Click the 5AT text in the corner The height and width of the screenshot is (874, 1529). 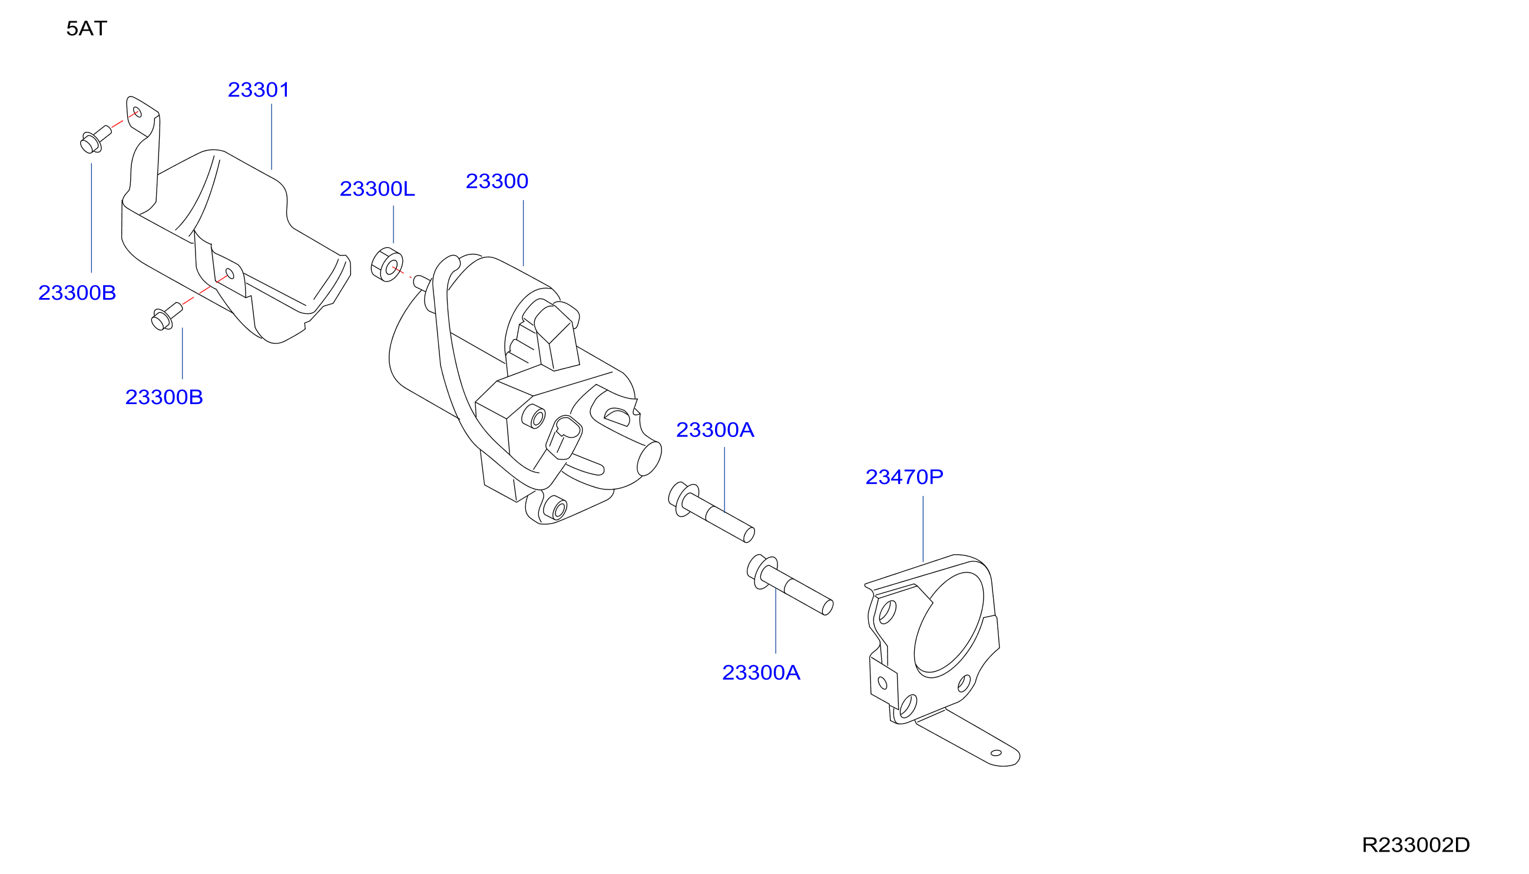point(87,28)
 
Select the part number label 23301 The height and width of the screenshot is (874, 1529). point(259,90)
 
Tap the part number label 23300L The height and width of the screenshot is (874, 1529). point(377,188)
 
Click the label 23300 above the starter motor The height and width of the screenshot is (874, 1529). point(497,181)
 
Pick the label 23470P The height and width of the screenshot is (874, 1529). point(904,476)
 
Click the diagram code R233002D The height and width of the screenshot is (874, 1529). point(1415,845)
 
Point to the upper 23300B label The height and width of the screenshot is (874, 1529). point(77,292)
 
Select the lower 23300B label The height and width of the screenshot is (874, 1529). point(164,397)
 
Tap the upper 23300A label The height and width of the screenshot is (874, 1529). point(715,429)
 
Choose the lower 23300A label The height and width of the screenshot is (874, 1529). point(761,673)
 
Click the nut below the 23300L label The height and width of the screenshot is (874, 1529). point(386,264)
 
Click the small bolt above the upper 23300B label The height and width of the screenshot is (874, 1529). point(95,139)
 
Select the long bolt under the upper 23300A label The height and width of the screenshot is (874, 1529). point(711,512)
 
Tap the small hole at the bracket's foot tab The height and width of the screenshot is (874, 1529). point(996,753)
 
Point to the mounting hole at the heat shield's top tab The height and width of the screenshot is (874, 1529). point(137,112)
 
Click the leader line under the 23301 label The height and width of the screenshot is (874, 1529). point(272,137)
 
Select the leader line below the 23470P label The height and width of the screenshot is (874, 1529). point(923,529)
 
